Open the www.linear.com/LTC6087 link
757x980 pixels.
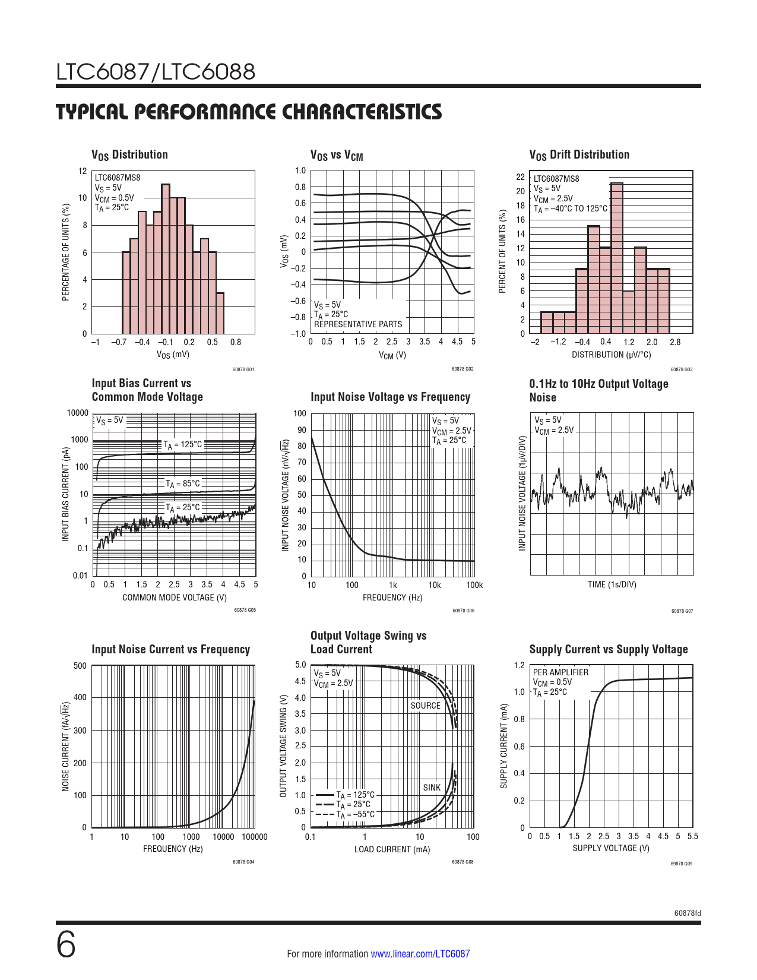(x=420, y=954)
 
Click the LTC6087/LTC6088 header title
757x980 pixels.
(x=156, y=72)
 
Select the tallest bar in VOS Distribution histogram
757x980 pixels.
(x=166, y=259)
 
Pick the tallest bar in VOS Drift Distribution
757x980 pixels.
(x=617, y=258)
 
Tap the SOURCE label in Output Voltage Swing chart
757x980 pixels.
(x=425, y=706)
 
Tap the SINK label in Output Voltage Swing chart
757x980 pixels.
(x=432, y=788)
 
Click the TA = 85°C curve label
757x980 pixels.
(x=183, y=484)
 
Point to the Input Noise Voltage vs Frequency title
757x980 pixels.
(x=390, y=397)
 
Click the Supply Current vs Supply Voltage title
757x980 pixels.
(x=609, y=649)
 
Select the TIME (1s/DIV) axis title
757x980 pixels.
(x=612, y=584)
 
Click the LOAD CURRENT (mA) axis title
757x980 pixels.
(x=392, y=849)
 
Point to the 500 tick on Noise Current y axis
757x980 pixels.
(x=80, y=666)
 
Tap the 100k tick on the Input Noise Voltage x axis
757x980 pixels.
(x=474, y=585)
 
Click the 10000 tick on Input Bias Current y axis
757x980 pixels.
(x=78, y=413)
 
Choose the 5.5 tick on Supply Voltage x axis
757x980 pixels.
(x=692, y=836)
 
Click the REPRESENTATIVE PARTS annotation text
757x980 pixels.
(x=357, y=324)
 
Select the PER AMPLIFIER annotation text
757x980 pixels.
(x=560, y=672)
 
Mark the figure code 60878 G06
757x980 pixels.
(x=463, y=611)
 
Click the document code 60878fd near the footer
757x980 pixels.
(x=688, y=913)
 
